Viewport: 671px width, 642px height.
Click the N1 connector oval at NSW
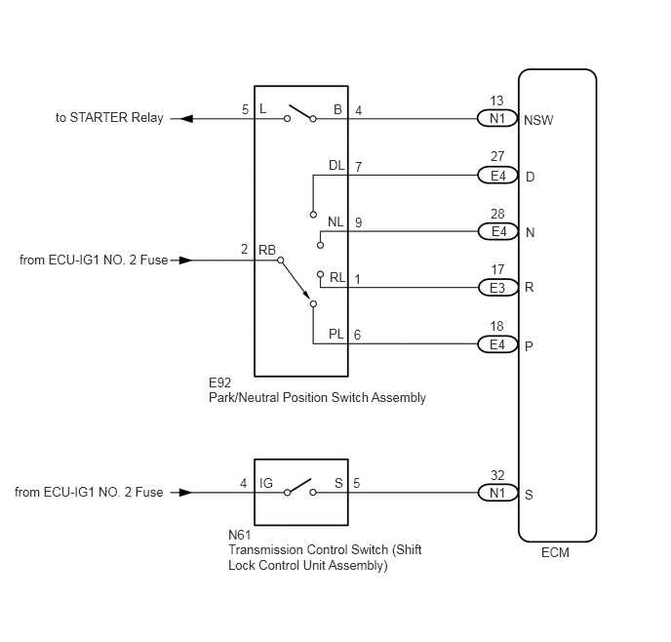click(x=497, y=119)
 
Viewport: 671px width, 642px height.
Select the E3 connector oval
click(x=497, y=288)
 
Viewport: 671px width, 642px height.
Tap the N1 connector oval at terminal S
click(x=497, y=493)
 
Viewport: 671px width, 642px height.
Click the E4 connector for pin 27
click(x=497, y=176)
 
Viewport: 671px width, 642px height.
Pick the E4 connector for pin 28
click(x=497, y=231)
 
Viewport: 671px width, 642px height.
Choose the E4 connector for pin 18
click(x=497, y=344)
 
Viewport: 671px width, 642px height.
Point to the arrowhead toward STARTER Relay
click(x=185, y=119)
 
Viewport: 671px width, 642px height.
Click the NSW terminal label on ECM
click(x=538, y=120)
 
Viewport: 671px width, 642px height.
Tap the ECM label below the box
click(x=555, y=552)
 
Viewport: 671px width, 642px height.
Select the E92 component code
click(x=220, y=382)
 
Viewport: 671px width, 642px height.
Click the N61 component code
click(x=240, y=535)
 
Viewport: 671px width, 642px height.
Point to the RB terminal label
click(x=267, y=250)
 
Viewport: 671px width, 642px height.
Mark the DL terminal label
click(x=336, y=165)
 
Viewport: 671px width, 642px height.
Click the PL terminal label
click(x=336, y=334)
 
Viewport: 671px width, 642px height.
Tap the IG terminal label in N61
click(x=266, y=483)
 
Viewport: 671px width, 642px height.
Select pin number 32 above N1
click(x=497, y=475)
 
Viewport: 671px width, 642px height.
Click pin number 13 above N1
click(x=496, y=100)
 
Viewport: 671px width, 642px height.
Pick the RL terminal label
click(x=337, y=278)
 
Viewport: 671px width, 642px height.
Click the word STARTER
click(x=99, y=117)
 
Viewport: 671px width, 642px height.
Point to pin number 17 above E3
click(x=497, y=269)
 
